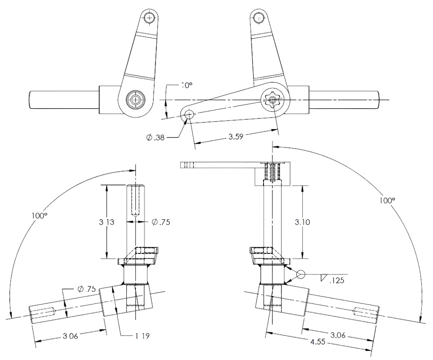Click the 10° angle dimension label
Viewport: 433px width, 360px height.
click(186, 85)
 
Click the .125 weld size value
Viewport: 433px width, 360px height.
click(336, 281)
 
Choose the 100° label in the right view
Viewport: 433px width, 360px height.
click(387, 200)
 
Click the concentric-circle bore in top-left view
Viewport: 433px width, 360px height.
click(136, 100)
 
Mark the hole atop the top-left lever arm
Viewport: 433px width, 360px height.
click(149, 18)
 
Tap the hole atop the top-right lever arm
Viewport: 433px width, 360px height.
click(258, 18)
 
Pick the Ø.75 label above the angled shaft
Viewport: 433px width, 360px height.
click(87, 289)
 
